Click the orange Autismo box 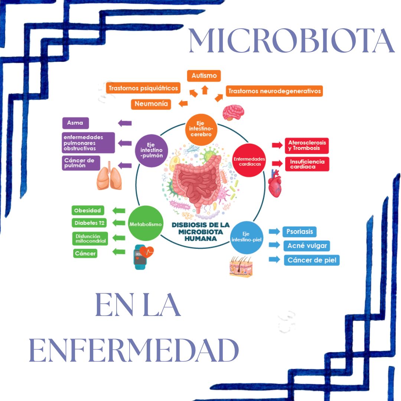coord(204,76)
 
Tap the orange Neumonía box coord(151,104)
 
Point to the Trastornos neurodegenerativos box coord(274,91)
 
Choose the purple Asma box coord(76,123)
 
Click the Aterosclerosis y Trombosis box coord(307,145)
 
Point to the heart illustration coord(275,183)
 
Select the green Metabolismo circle coord(146,224)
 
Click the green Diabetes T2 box coord(89,223)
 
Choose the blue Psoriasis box coord(299,232)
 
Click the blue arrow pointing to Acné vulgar coord(274,245)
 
